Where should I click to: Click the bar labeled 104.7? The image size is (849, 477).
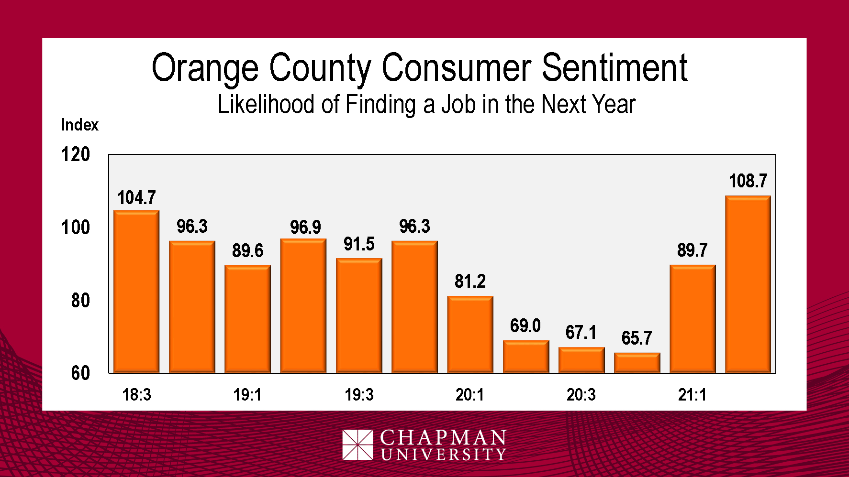pos(136,292)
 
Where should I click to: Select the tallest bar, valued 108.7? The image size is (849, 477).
pos(748,284)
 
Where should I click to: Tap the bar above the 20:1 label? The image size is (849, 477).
pos(470,335)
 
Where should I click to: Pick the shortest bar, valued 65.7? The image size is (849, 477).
pos(637,363)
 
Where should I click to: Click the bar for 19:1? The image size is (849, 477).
pos(247,319)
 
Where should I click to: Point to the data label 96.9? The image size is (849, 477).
pos(305,227)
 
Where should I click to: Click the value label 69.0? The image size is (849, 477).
pos(525,326)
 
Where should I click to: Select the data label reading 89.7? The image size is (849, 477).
pos(692,250)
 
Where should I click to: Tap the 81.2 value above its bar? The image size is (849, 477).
pos(470,281)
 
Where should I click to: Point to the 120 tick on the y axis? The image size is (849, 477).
pos(76,154)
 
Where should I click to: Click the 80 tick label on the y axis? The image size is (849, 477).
pos(80,301)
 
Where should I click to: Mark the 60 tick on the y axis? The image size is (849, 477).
pos(80,373)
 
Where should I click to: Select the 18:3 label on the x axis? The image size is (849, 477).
pos(136,395)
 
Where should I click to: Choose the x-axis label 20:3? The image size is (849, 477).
pos(581,395)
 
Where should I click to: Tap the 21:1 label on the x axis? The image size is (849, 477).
pos(692,395)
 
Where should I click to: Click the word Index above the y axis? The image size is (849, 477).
pos(79,125)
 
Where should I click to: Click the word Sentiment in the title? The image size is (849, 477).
pos(614,68)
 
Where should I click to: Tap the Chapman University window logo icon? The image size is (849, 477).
pos(357,444)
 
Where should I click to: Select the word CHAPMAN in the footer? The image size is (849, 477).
pos(443,437)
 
